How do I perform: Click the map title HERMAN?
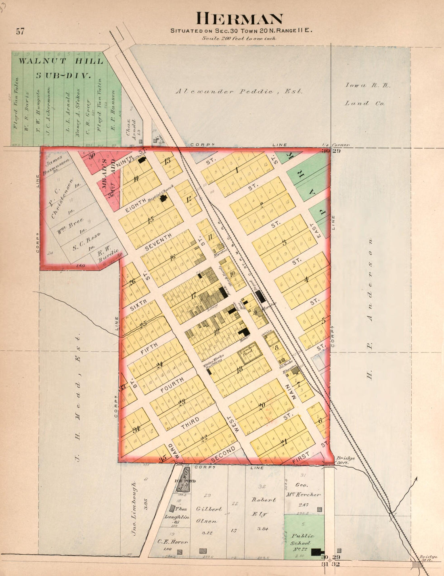(x=239, y=19)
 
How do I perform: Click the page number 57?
(x=20, y=31)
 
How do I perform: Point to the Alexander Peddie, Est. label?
(x=239, y=92)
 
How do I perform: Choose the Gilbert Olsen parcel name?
(x=209, y=515)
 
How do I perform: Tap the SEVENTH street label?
(x=158, y=242)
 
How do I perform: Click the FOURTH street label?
(x=172, y=385)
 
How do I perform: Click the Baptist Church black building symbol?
(x=164, y=198)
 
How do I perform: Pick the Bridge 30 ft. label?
(x=345, y=460)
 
